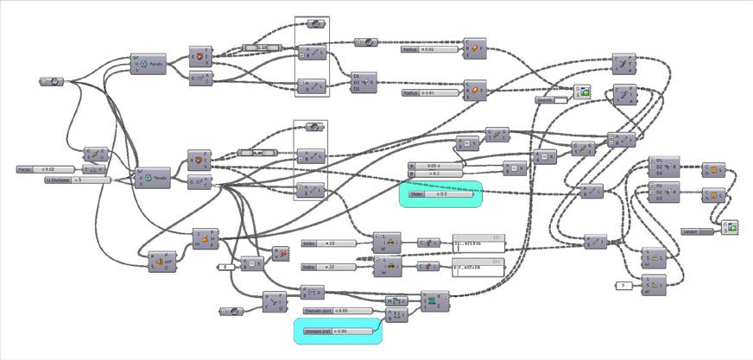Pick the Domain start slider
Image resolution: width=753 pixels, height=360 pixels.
337,310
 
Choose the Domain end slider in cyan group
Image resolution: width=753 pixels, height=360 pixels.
337,331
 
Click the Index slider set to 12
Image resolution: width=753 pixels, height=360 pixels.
332,244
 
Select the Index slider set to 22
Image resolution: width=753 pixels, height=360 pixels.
332,268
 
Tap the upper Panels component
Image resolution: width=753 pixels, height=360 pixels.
149,63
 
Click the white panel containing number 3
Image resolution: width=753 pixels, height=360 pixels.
624,284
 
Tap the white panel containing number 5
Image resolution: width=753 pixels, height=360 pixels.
225,267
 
